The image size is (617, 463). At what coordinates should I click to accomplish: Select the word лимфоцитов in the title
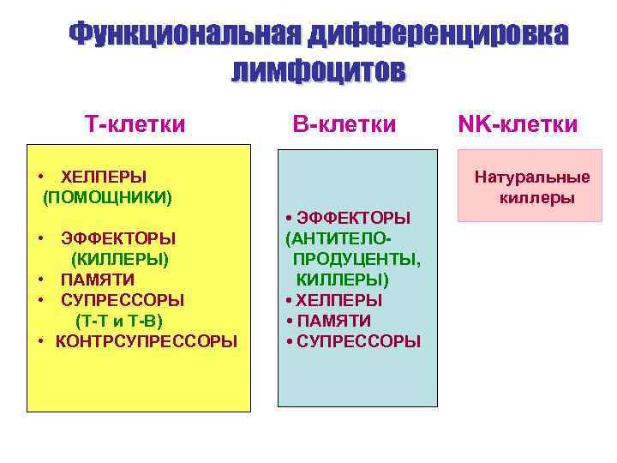click(318, 70)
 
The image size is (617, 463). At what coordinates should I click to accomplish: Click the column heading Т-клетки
click(135, 125)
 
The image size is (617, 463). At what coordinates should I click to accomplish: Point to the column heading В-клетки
click(344, 125)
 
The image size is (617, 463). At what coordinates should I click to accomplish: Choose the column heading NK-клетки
click(518, 125)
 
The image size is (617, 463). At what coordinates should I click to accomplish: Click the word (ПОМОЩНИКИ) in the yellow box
click(108, 198)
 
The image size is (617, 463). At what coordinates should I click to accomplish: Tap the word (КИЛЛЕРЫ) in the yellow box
click(120, 258)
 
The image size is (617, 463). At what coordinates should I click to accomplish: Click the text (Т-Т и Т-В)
click(119, 321)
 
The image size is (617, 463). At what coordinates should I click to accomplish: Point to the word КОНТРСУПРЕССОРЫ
click(147, 341)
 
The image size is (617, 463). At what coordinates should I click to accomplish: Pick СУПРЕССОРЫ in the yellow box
click(123, 300)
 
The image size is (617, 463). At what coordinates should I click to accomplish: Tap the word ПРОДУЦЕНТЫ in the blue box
click(356, 258)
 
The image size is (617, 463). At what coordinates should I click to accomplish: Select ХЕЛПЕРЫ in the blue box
click(339, 300)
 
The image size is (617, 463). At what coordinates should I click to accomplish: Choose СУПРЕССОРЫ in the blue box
click(358, 341)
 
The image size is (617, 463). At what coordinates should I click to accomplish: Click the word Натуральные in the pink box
click(532, 178)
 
